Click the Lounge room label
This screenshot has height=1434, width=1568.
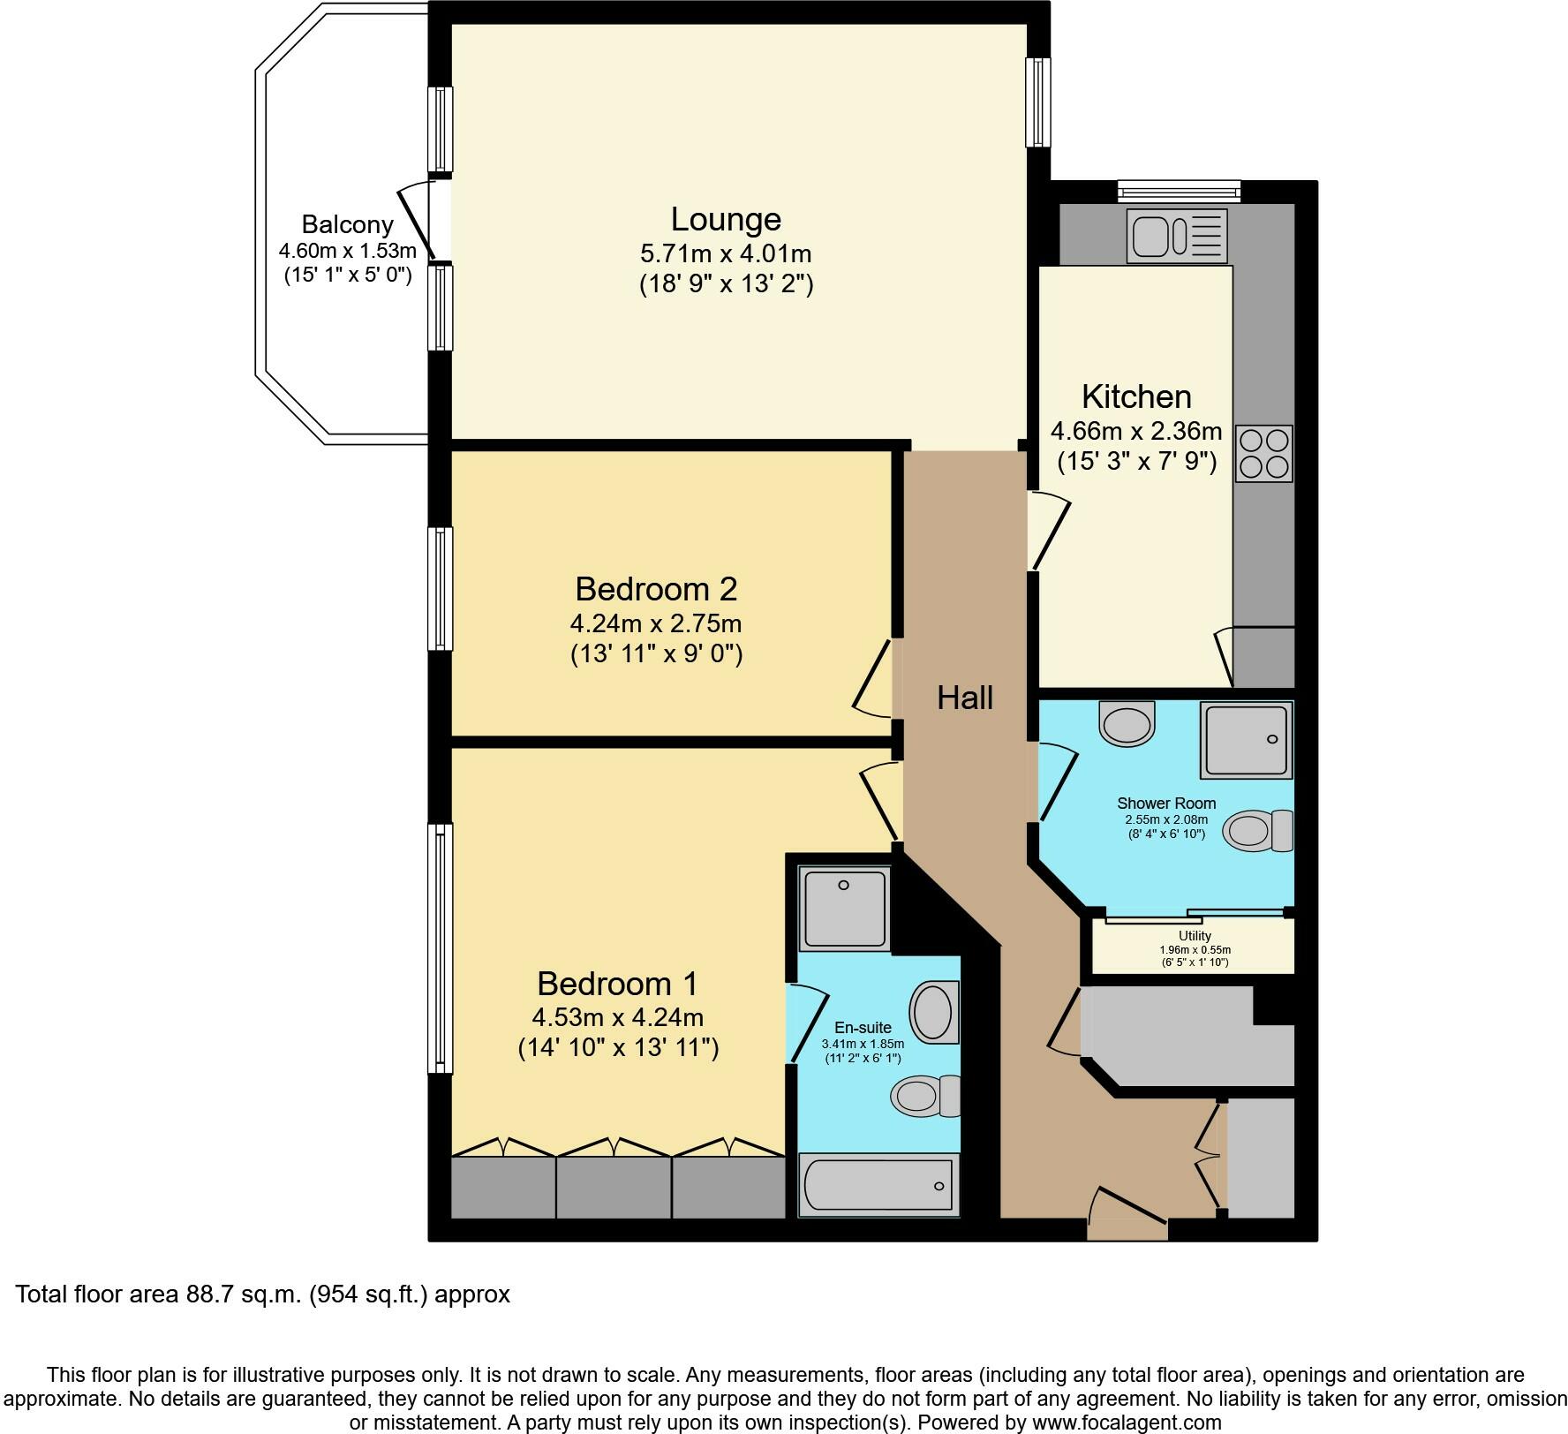coord(726,219)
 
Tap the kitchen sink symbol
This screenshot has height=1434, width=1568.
coord(1177,236)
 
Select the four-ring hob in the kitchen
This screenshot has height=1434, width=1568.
coord(1263,454)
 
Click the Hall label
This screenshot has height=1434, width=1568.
coord(965,698)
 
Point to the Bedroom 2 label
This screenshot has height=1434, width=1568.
coord(656,588)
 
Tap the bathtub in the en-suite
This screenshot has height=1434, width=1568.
coord(879,1185)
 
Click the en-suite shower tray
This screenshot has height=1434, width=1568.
coord(844,909)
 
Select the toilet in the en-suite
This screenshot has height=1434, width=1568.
coord(925,1097)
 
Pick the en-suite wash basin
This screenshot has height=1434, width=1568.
coord(934,1011)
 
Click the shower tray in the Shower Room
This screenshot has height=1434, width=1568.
coord(1246,740)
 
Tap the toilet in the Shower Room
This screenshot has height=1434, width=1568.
coord(1258,831)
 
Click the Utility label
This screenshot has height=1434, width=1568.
coord(1195,936)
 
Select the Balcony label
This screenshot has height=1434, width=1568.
coord(347,223)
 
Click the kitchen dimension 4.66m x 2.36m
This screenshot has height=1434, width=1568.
coord(1136,431)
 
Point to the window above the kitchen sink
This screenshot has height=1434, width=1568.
coord(1179,191)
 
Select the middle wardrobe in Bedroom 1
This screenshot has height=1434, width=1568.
coord(614,1188)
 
